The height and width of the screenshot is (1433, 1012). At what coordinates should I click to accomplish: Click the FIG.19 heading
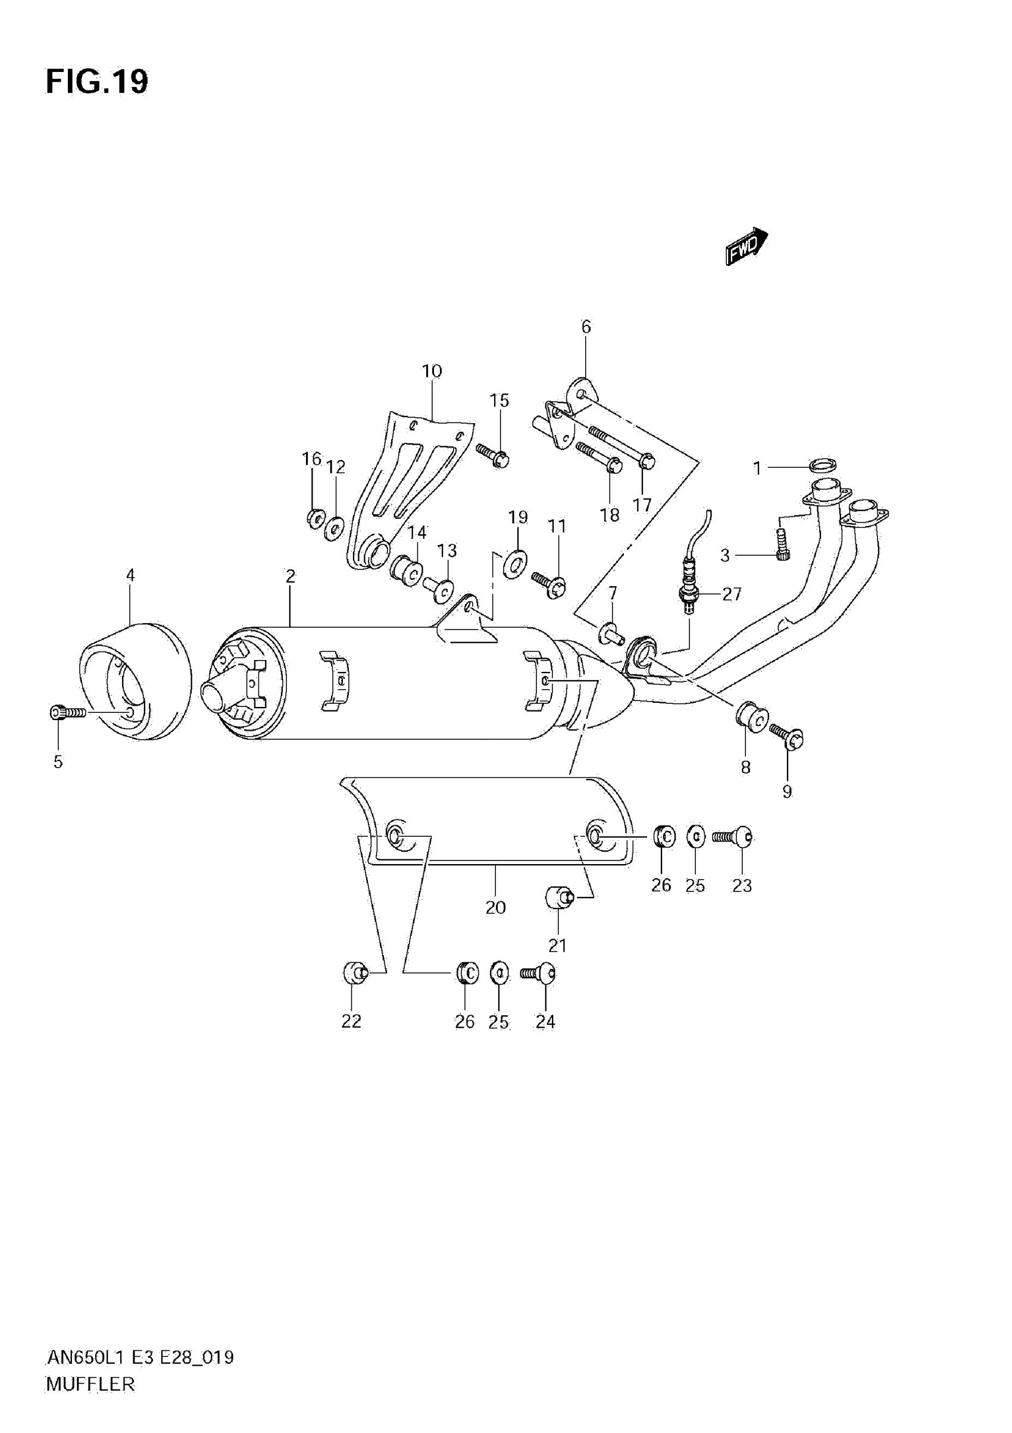(97, 82)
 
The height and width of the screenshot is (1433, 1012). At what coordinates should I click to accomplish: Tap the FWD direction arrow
(746, 245)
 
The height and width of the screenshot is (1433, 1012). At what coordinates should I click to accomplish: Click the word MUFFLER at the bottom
(90, 1384)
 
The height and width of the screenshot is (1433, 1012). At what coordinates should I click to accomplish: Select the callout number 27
(732, 594)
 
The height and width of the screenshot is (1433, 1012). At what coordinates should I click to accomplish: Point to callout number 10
(432, 371)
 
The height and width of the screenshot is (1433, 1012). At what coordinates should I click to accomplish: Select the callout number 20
(495, 907)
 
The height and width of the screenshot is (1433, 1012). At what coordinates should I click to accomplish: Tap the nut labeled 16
(315, 517)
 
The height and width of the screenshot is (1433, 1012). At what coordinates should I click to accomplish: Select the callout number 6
(586, 327)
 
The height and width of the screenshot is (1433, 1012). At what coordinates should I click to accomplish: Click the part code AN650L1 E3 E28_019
(140, 1357)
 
